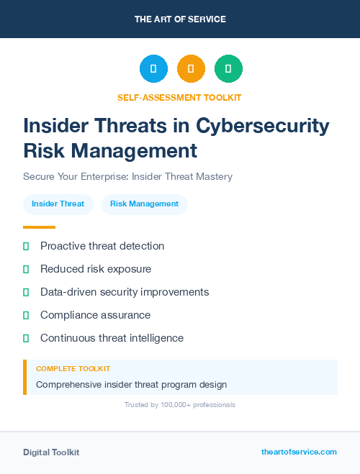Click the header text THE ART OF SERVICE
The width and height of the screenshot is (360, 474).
[x=180, y=19]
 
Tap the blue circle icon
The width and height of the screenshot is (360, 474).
[x=153, y=69]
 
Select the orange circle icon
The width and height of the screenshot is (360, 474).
[x=191, y=69]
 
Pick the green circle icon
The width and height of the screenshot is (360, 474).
[x=228, y=69]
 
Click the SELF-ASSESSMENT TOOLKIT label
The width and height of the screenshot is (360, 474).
[x=179, y=97]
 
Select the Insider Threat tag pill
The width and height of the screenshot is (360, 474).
[x=58, y=204]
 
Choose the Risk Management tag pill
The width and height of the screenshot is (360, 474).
[x=144, y=204]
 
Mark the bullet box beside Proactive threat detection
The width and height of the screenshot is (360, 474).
[x=26, y=246]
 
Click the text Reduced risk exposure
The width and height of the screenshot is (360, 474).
[x=96, y=269]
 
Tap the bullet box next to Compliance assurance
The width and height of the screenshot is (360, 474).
[x=26, y=315]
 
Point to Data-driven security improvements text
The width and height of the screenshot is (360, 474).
[x=125, y=292]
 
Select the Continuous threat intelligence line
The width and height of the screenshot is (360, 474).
[x=112, y=338]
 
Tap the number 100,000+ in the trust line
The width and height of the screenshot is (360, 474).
[x=170, y=405]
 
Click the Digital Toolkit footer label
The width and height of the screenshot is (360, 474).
[x=51, y=452]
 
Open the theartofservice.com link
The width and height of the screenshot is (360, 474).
[x=299, y=452]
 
